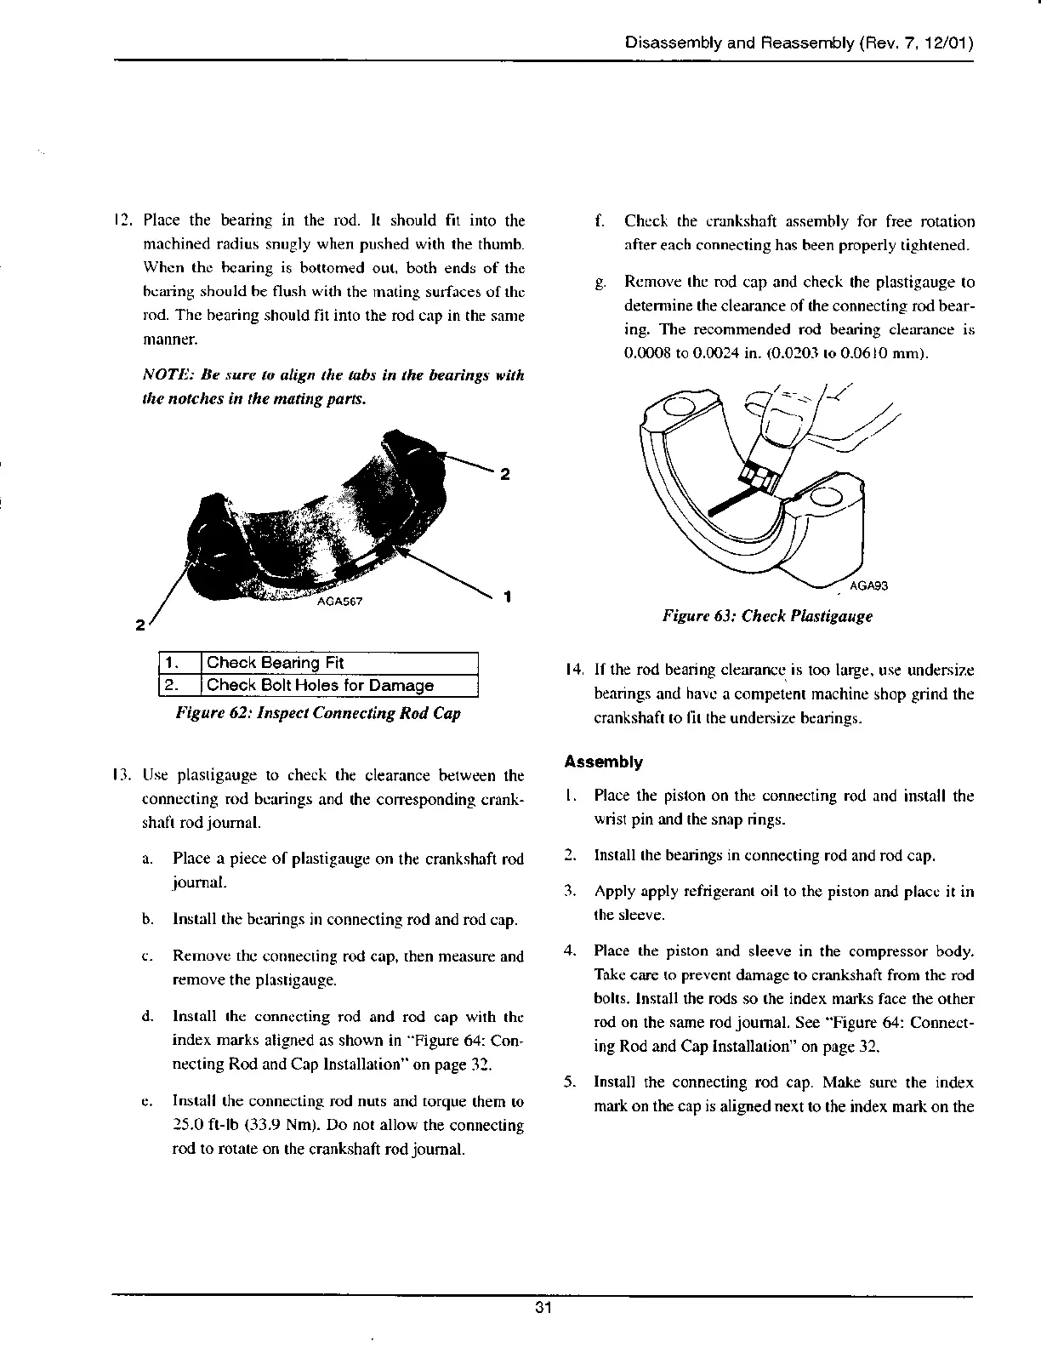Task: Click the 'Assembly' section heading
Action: tap(604, 762)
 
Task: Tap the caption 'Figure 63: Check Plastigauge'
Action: tap(767, 615)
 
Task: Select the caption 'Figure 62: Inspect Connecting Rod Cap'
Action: tap(317, 713)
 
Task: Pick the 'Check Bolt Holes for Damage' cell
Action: tap(320, 685)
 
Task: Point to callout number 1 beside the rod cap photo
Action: tap(507, 596)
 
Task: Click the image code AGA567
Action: tap(339, 602)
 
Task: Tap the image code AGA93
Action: tap(869, 585)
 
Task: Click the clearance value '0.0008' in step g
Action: tap(646, 353)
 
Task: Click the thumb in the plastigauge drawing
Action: tap(787, 425)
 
